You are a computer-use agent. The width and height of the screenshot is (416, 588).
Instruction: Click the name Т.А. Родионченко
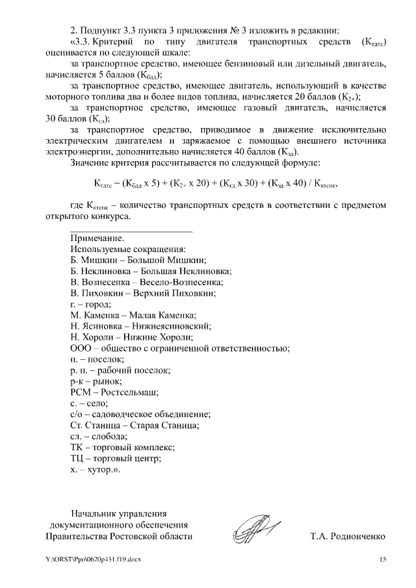click(348, 537)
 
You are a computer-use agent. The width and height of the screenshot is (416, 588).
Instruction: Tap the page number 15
click(382, 559)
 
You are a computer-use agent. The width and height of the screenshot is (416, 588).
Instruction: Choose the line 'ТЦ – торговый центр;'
click(115, 458)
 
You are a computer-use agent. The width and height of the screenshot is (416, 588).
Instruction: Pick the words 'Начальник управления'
click(120, 511)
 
